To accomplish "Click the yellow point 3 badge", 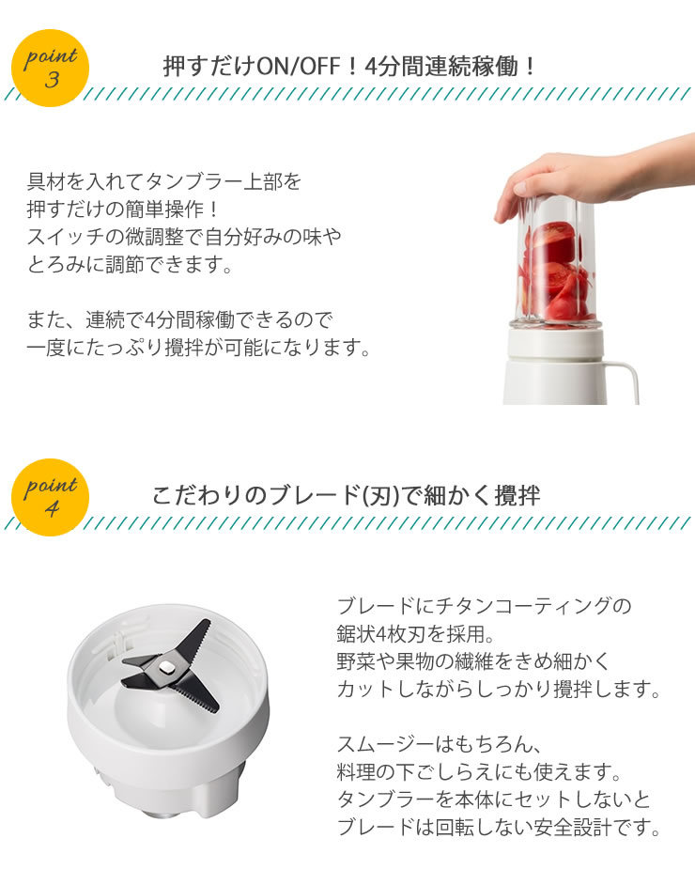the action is (x=50, y=69).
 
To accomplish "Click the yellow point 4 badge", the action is (x=50, y=497).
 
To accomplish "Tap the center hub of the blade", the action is (x=166, y=667).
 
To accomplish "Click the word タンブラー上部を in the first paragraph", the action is (x=224, y=181).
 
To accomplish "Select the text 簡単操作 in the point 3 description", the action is (x=164, y=209).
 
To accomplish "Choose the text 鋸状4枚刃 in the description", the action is (x=380, y=633).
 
